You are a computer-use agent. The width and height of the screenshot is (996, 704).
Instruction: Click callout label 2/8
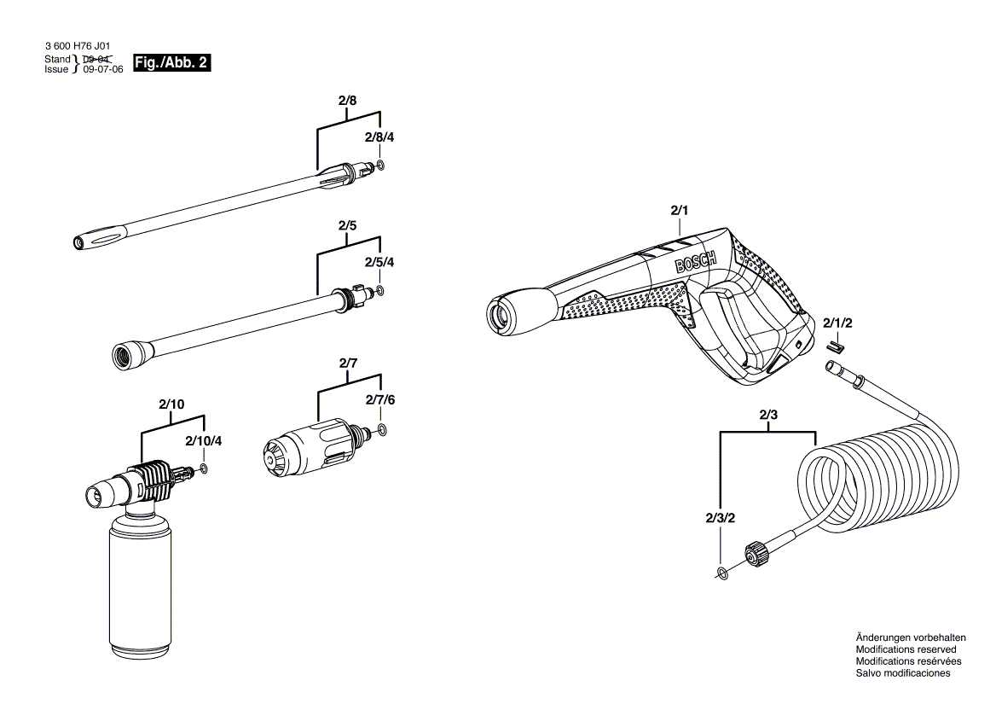coord(347,101)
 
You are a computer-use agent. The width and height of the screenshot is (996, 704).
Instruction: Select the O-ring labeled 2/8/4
coord(380,165)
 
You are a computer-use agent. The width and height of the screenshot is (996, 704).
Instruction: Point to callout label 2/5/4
coord(379,262)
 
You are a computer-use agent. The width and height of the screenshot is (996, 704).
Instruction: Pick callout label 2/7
coord(348,364)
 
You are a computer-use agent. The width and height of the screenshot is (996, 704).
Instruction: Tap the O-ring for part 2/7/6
coord(381,429)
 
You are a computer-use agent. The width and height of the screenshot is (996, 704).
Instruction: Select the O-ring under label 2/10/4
coord(205,468)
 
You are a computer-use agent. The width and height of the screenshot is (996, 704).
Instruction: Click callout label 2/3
coord(768,416)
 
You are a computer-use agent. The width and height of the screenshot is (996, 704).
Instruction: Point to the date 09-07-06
coord(103,70)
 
